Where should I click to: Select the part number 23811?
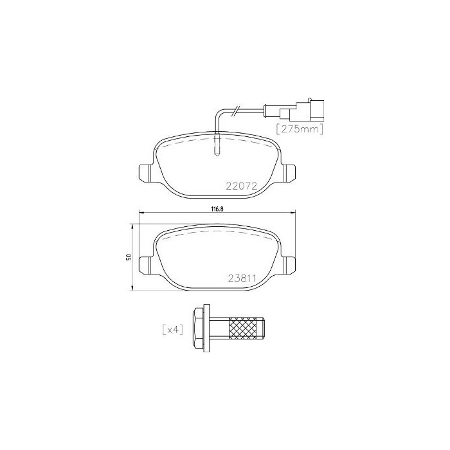click(x=242, y=278)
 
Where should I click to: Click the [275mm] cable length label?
click(x=299, y=128)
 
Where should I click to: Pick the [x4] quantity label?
click(x=173, y=330)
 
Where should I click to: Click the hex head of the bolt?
click(x=198, y=330)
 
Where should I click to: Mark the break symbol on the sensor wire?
click(x=237, y=113)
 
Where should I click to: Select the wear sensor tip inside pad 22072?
click(x=218, y=147)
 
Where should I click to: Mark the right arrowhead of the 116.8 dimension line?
click(x=292, y=214)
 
